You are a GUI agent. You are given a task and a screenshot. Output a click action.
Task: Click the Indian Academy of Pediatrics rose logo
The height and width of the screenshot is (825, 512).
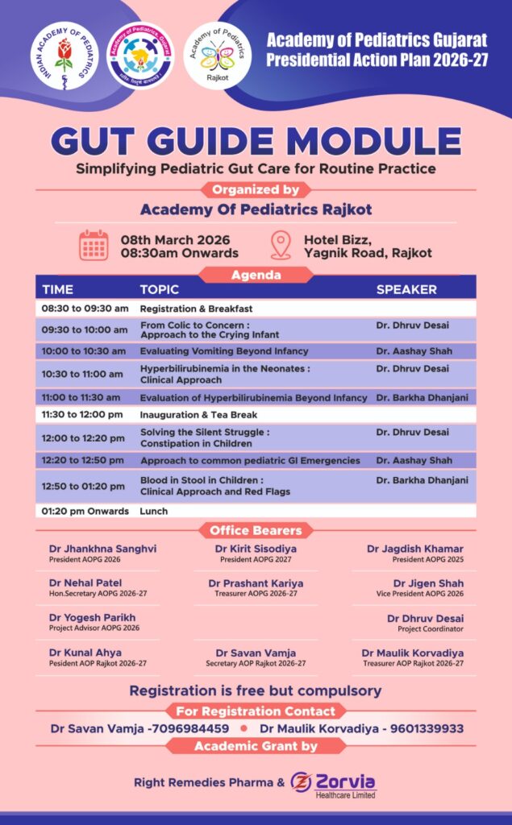tap(65, 56)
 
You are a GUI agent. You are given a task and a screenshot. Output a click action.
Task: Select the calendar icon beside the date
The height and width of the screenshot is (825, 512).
tap(94, 245)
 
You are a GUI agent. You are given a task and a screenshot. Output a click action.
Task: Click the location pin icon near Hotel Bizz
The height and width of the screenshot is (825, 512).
tap(281, 245)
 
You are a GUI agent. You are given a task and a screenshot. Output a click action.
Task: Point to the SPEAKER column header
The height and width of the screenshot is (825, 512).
tap(406, 289)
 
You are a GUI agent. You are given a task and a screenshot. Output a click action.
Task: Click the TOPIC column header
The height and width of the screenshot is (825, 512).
tap(160, 289)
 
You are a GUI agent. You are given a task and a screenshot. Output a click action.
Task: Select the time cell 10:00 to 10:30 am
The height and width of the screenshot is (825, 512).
tap(84, 351)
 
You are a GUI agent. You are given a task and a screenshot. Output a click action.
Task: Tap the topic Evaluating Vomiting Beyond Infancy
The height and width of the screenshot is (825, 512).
tap(224, 351)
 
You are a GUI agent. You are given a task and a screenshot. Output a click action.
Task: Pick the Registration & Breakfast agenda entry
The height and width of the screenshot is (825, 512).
tap(196, 309)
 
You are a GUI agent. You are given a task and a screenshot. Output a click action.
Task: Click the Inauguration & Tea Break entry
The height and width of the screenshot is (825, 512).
tap(198, 415)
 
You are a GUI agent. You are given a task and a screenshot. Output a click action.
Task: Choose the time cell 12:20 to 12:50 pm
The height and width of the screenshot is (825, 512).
tap(84, 461)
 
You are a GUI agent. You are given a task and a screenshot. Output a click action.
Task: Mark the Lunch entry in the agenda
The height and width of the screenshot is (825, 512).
tap(153, 511)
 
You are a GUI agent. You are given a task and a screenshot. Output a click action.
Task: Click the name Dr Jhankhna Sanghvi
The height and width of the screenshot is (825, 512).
tap(102, 549)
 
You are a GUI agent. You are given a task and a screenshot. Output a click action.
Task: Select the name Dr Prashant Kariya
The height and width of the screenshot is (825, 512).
tap(256, 583)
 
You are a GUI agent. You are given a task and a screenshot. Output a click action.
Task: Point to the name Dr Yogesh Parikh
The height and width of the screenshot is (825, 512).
tap(92, 618)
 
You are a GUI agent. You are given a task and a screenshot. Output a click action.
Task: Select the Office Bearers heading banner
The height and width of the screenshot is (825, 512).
tap(256, 530)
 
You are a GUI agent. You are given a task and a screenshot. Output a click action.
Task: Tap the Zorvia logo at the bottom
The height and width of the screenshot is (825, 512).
tap(333, 782)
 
